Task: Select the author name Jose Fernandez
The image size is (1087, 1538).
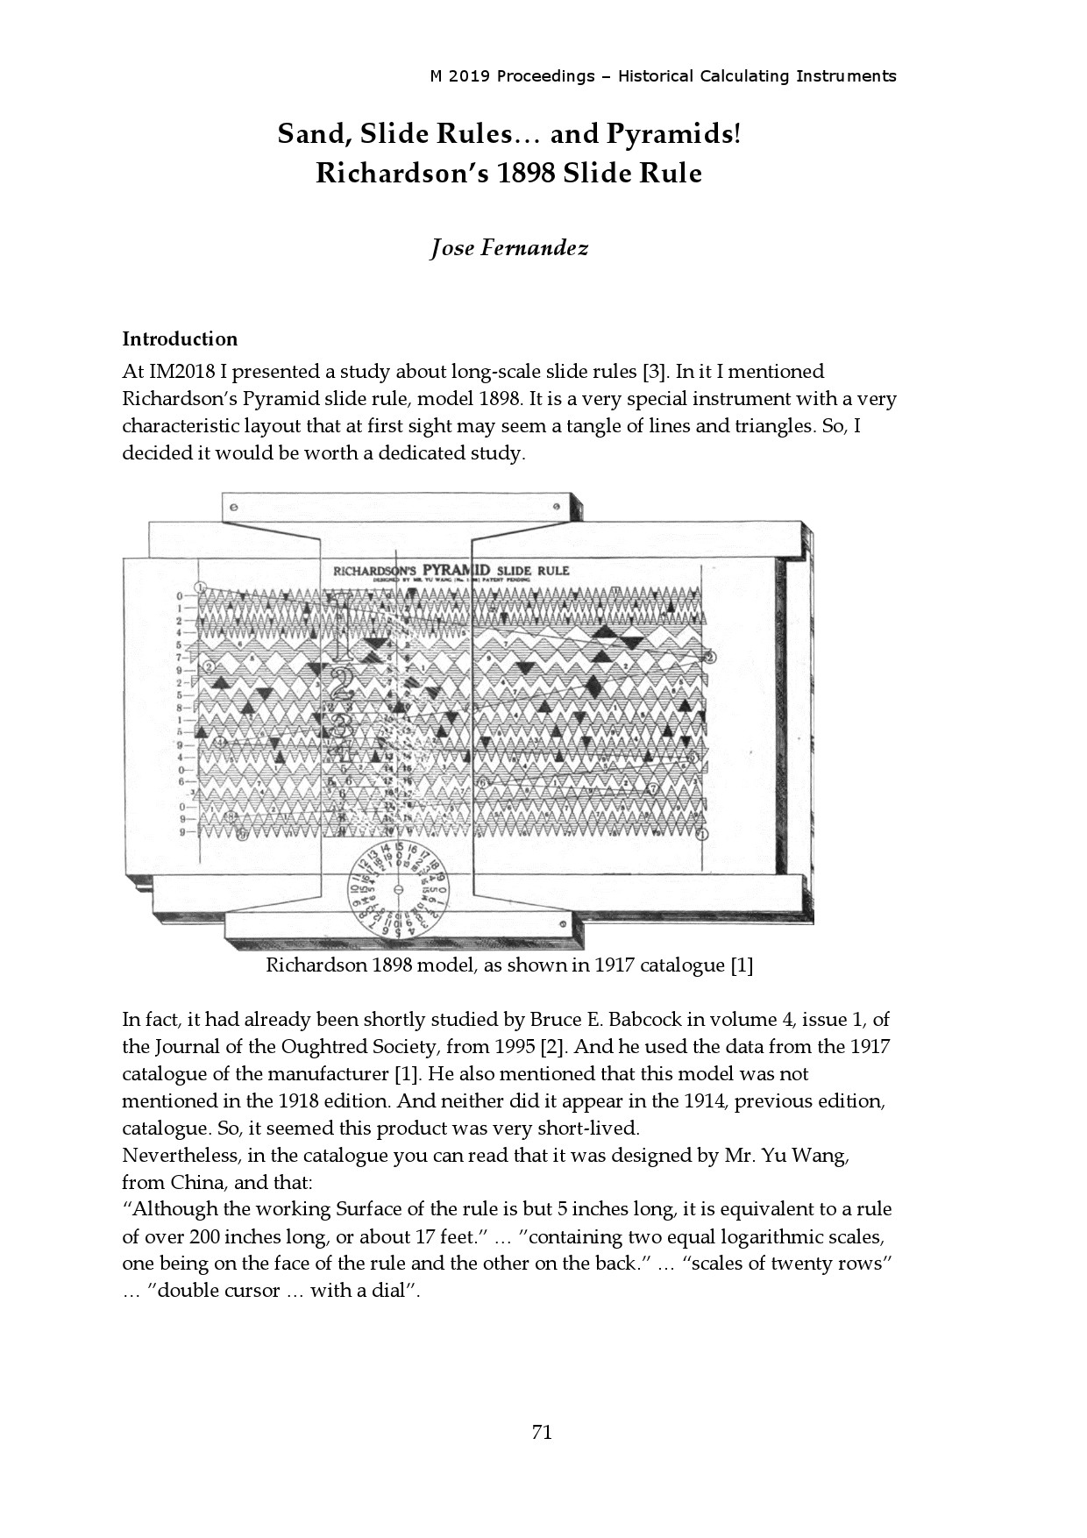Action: click(x=508, y=248)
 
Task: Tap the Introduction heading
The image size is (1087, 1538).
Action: click(x=180, y=339)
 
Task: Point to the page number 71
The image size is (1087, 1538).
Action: click(x=542, y=1432)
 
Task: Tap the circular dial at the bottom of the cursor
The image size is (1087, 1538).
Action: click(x=399, y=891)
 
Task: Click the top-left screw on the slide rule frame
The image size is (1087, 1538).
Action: click(x=233, y=507)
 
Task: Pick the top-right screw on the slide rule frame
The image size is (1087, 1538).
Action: click(x=556, y=507)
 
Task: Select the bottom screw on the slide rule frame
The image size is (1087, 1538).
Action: click(x=562, y=924)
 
